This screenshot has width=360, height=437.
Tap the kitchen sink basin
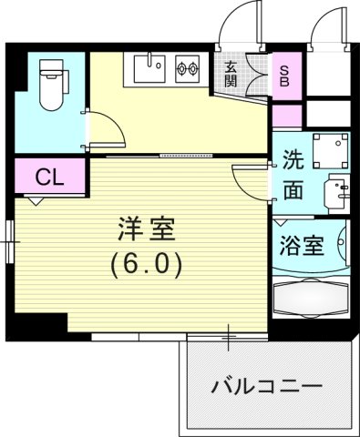(150, 66)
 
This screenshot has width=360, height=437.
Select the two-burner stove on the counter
(188, 66)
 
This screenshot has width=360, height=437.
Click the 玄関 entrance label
(230, 73)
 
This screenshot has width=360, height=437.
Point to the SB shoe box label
(286, 74)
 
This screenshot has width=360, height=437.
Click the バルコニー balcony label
(266, 386)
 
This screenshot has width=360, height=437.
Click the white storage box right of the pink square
(328, 114)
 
